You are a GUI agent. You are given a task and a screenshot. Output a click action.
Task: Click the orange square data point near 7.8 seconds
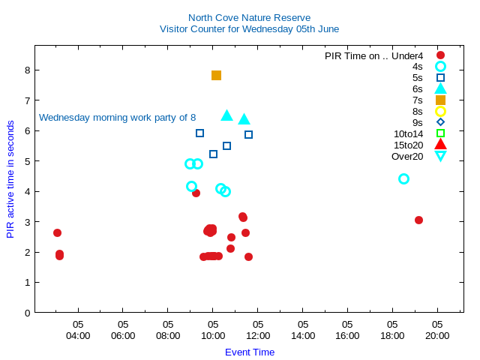point(216,75)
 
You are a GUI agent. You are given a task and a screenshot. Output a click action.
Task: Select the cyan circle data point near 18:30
point(403,178)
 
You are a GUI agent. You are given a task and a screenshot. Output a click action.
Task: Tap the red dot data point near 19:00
point(418,220)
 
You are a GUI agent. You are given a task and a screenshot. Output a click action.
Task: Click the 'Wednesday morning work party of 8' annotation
point(117,118)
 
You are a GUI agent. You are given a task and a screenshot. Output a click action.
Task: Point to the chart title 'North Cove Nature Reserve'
point(249,17)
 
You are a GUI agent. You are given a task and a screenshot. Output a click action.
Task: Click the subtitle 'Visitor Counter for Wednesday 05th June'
point(249,28)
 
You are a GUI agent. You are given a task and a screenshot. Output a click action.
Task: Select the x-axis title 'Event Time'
point(250,352)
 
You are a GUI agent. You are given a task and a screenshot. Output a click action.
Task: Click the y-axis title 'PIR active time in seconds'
point(10,178)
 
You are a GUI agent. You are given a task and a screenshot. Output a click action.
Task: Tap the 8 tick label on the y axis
point(27,70)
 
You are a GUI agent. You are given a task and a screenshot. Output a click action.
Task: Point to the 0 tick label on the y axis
point(27,313)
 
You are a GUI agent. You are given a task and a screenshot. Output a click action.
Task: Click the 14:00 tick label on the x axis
point(303,335)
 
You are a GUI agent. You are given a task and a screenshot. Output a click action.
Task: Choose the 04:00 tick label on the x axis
point(78,335)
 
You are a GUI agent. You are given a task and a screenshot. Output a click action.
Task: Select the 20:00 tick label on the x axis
point(437,335)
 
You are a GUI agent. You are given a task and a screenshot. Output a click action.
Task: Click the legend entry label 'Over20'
point(407,156)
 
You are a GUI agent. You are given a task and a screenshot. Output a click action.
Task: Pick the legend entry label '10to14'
point(408,133)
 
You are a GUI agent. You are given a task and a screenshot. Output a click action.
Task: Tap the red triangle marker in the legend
point(440,145)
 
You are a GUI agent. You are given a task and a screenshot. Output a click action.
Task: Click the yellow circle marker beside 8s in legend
point(440,111)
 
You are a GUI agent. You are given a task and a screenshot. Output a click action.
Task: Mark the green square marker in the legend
point(440,133)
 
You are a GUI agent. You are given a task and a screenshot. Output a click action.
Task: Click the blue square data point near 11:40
point(248,134)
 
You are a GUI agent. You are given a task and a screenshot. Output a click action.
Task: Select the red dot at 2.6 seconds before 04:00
point(57,232)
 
